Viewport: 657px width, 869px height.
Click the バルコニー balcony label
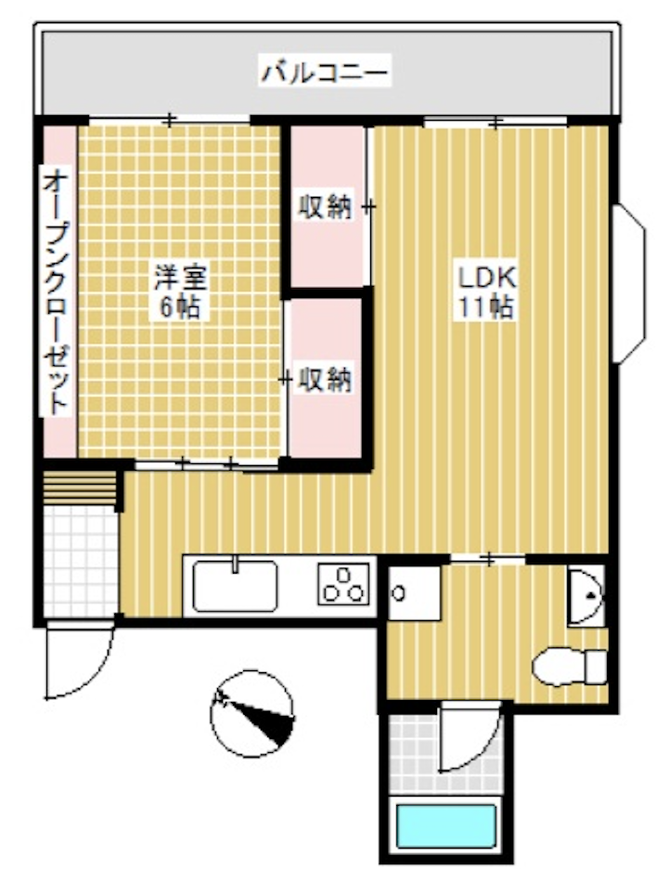324,71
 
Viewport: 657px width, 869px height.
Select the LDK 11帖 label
484,292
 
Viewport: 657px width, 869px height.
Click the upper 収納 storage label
324,207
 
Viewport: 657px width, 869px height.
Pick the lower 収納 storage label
324,379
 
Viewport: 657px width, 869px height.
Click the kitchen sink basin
236,587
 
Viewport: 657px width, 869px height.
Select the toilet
568,666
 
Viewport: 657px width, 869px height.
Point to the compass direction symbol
251,712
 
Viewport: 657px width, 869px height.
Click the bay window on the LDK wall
630,285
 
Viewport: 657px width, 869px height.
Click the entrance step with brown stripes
81,486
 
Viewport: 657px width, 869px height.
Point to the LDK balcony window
496,121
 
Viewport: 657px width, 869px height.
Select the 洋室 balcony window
170,119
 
